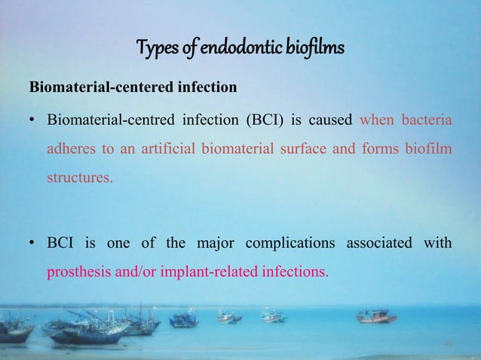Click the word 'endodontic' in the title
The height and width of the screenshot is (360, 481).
click(221, 50)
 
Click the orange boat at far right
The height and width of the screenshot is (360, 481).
click(377, 316)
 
